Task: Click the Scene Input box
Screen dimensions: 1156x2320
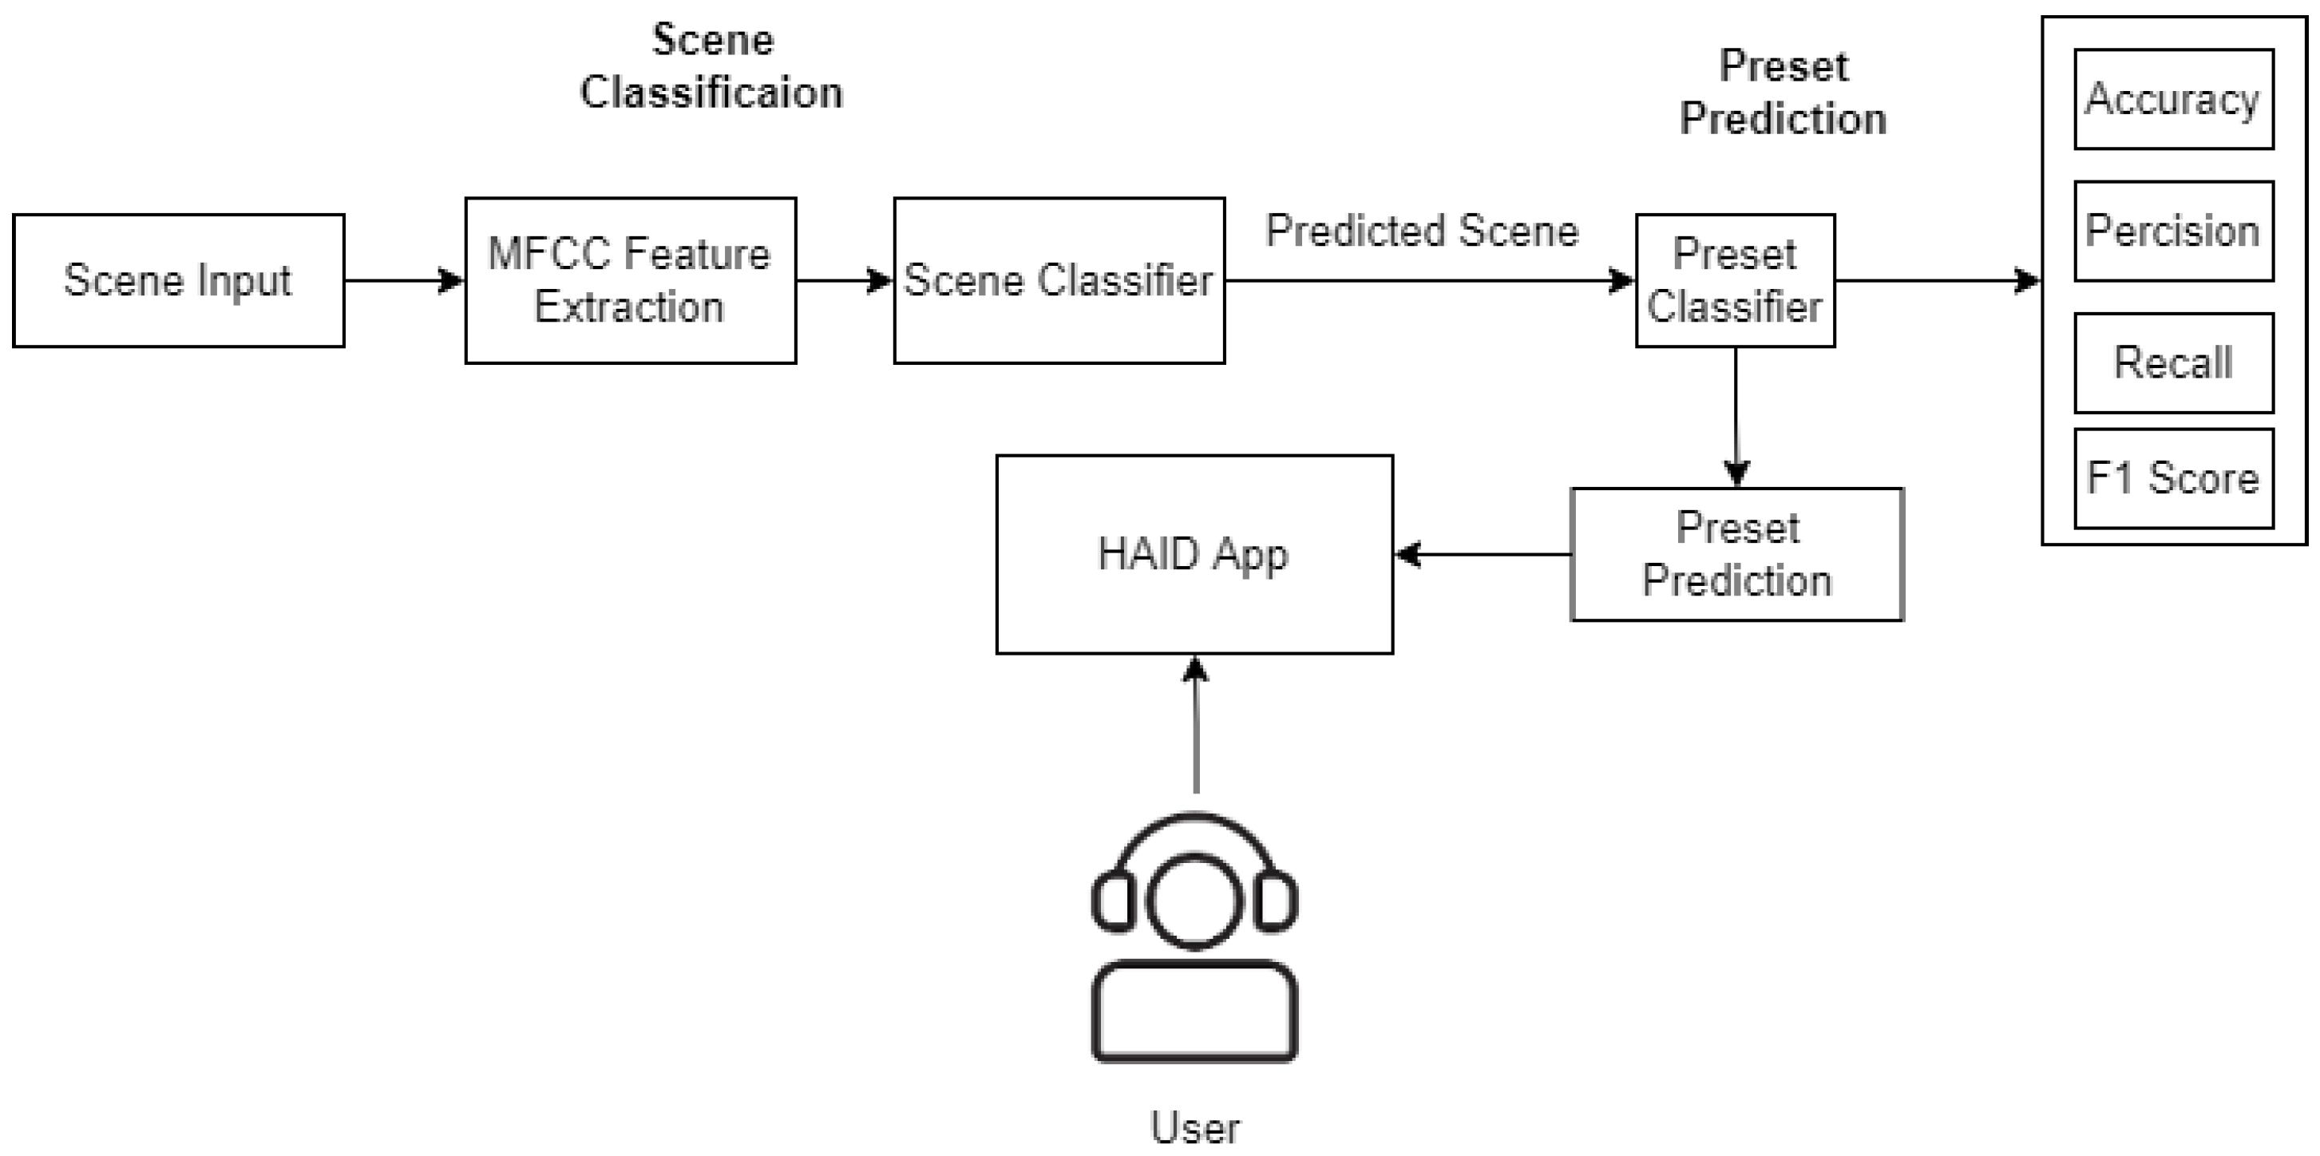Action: (x=178, y=280)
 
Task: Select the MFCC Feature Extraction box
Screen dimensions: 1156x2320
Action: (x=631, y=280)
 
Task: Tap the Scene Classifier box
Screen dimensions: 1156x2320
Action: (x=1059, y=280)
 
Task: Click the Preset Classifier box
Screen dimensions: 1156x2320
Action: (x=1735, y=280)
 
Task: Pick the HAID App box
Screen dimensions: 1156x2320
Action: (x=1194, y=554)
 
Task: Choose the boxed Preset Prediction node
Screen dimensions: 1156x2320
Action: (x=1736, y=554)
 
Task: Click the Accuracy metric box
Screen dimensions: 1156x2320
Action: (x=2173, y=99)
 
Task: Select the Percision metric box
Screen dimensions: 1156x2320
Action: (x=2173, y=232)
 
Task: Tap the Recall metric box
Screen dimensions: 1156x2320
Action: (x=2173, y=362)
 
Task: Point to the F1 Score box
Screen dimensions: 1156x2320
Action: (x=2173, y=478)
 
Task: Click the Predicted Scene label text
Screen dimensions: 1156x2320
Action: (x=1422, y=232)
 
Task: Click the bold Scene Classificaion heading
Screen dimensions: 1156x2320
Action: (x=711, y=66)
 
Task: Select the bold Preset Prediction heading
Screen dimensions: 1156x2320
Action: (x=1784, y=93)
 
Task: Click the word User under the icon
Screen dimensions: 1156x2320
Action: (x=1195, y=1128)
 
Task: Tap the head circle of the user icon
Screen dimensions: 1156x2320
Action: (x=1195, y=901)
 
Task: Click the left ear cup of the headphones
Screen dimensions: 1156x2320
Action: (x=1113, y=901)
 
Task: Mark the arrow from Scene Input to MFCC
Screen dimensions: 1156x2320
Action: (x=403, y=281)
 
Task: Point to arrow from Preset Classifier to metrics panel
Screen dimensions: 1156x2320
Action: (x=1936, y=281)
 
